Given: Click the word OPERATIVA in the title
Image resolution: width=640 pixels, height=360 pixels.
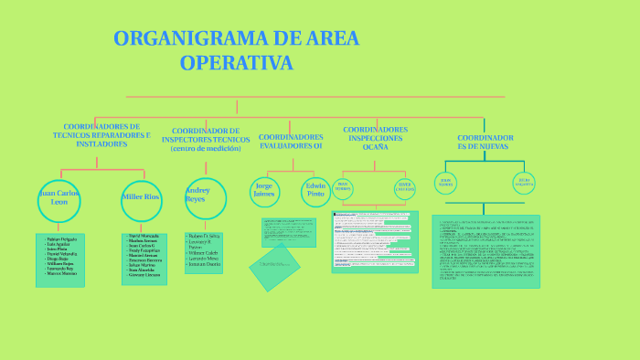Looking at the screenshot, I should coord(237,63).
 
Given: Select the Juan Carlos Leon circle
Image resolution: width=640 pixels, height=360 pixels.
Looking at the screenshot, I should coord(60,200).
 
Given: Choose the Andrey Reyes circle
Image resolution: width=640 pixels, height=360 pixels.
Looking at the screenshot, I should coord(199,196).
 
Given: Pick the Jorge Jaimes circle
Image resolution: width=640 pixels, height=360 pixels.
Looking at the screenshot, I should coord(263,189).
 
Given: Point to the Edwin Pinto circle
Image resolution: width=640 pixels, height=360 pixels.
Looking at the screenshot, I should coord(315,189).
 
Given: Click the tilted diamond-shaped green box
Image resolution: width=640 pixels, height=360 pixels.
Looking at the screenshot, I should coord(274,266).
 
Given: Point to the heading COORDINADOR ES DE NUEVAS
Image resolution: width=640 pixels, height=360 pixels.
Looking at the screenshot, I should coord(485,142).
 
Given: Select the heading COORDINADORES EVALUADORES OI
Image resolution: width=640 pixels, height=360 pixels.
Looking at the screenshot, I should coord(291,141).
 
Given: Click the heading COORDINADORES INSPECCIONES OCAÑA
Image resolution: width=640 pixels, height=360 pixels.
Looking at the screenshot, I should coord(375,137).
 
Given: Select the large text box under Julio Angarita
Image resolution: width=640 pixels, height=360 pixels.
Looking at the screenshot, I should coord(485,251).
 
